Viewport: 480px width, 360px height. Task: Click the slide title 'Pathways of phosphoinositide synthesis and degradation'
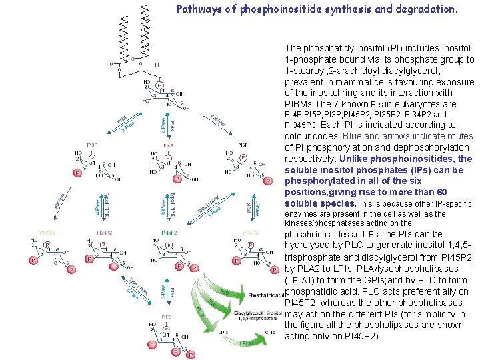(307, 10)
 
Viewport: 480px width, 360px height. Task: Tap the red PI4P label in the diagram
(169, 144)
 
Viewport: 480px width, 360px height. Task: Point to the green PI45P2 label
(169, 233)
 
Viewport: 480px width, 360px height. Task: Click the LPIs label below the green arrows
(224, 331)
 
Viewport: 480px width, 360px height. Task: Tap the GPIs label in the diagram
(271, 331)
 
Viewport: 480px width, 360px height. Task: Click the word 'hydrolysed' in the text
(307, 245)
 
